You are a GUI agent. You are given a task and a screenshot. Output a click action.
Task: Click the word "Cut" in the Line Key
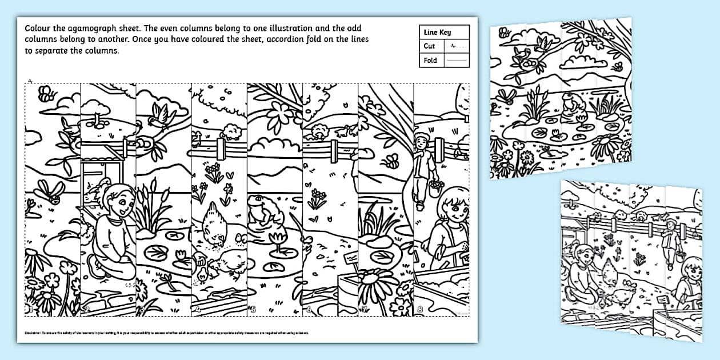[429, 46]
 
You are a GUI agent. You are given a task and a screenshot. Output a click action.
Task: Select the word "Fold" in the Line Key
[430, 60]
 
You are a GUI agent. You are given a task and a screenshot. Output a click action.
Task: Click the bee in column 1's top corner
[45, 92]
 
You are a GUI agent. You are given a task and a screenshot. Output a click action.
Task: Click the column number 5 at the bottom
[252, 310]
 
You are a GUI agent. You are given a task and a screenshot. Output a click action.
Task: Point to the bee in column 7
[393, 162]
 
